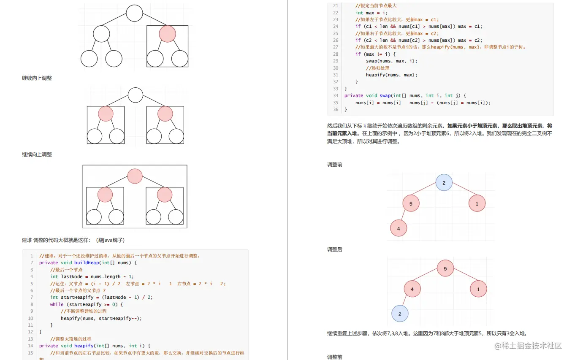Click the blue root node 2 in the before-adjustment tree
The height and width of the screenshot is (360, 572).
pos(444,183)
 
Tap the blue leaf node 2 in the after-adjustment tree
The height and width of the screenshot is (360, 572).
pos(400,314)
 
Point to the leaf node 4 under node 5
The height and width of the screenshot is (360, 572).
pos(399,228)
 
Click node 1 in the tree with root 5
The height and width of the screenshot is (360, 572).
pos(478,289)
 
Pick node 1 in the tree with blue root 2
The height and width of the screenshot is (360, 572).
pos(477,203)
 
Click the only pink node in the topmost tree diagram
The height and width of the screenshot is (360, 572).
pos(167,34)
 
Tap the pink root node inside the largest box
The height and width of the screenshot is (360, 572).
pos(135,176)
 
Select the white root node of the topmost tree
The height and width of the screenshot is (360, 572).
pos(135,13)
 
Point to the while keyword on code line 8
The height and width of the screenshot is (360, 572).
pos(57,304)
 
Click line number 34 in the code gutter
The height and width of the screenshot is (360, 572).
pos(336,95)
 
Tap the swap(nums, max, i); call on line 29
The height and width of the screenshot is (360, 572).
pos(391,61)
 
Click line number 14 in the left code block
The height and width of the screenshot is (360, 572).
pos(30,346)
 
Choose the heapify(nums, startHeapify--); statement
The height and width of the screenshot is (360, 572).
pos(101,318)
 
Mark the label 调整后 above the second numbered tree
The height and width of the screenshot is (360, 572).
pos(335,249)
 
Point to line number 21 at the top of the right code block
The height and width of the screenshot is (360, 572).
pos(336,5)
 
